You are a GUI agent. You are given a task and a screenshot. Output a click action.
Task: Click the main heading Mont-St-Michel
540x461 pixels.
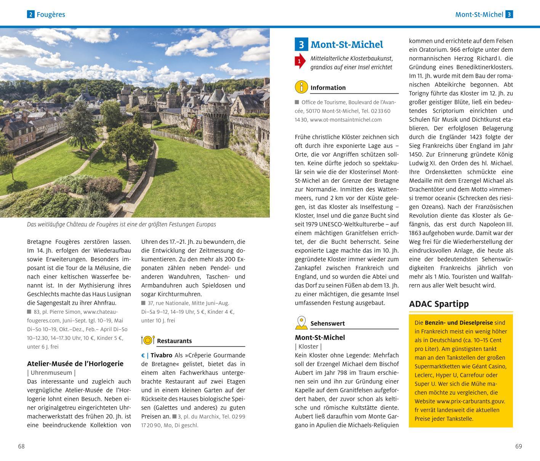346,45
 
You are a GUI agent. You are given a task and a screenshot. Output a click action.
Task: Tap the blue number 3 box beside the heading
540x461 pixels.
301,45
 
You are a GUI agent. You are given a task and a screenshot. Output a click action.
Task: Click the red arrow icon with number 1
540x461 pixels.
300,61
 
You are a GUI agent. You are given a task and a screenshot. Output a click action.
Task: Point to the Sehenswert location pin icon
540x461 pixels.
301,323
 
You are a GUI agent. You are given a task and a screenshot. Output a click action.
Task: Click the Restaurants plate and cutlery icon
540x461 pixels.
147,340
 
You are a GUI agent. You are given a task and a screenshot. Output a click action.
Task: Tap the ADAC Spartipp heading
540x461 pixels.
439,304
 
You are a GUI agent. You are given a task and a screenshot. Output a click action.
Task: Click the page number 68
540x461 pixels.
21,446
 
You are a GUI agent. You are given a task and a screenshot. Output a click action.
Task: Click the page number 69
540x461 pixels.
518,446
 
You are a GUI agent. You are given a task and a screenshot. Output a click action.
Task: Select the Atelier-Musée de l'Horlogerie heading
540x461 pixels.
75,363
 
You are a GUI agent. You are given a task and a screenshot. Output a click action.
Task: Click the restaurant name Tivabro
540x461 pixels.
161,355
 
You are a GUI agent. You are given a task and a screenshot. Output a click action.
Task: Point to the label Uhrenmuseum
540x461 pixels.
51,373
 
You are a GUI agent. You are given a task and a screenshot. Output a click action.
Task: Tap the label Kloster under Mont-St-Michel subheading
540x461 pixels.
308,346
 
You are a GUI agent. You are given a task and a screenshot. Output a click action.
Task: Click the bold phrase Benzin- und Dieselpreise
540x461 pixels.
459,322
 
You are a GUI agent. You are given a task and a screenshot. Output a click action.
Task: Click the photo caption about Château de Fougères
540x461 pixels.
121,224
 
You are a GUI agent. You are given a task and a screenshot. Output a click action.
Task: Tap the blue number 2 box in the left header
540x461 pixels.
30,14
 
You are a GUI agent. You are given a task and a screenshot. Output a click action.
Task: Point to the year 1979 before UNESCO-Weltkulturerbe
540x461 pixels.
303,224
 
